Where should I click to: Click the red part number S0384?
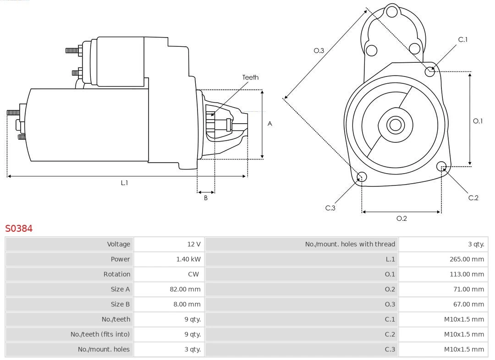pyautogui.click(x=19, y=228)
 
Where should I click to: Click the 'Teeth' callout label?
pyautogui.click(x=250, y=77)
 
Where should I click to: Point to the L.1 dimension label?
pyautogui.click(x=124, y=183)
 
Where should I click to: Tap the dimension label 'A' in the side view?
pyautogui.click(x=270, y=124)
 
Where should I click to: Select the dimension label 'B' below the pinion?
pyautogui.click(x=206, y=198)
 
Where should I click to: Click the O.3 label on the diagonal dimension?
pyautogui.click(x=319, y=50)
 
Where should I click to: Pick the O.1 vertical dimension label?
pyautogui.click(x=478, y=121)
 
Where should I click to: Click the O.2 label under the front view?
pyautogui.click(x=401, y=218)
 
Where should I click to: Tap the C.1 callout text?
pyautogui.click(x=463, y=39)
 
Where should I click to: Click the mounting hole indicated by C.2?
pyautogui.click(x=441, y=166)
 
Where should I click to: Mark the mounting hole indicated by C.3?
pyautogui.click(x=362, y=177)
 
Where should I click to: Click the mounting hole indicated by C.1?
pyautogui.click(x=429, y=71)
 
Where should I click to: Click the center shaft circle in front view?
pyautogui.click(x=395, y=125)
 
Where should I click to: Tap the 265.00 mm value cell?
pyautogui.click(x=467, y=259)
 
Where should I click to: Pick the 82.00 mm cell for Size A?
pyautogui.click(x=185, y=289)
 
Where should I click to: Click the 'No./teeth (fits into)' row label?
pyautogui.click(x=100, y=334)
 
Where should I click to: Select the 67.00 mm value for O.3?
pyautogui.click(x=468, y=305)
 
